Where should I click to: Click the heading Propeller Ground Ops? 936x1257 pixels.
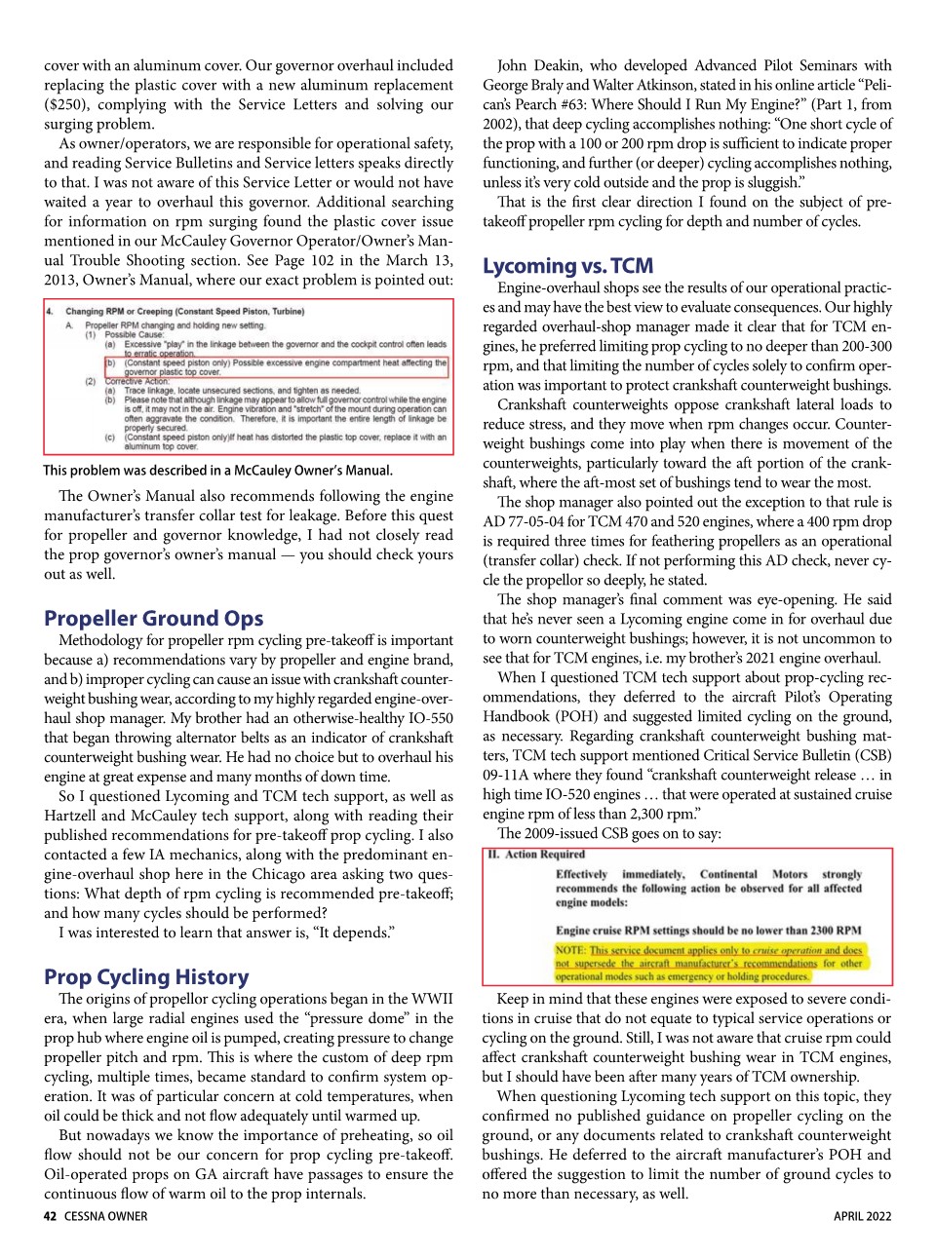[x=153, y=618]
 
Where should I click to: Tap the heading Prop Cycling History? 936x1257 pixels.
[x=146, y=976]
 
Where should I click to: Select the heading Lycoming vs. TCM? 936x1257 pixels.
[x=567, y=265]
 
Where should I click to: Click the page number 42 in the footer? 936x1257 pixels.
[x=50, y=1216]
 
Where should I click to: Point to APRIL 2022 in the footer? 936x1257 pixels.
[x=862, y=1216]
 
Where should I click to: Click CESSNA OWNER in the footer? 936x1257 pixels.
[x=106, y=1216]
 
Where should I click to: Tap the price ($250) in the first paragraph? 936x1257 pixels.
[x=65, y=104]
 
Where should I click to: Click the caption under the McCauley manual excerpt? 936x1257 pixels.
[x=217, y=470]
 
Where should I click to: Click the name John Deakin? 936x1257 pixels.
[x=541, y=65]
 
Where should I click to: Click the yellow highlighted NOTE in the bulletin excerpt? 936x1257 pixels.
[x=709, y=963]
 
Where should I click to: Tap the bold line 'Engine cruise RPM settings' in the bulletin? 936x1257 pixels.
[x=708, y=930]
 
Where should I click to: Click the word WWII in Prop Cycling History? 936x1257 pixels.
[x=430, y=999]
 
